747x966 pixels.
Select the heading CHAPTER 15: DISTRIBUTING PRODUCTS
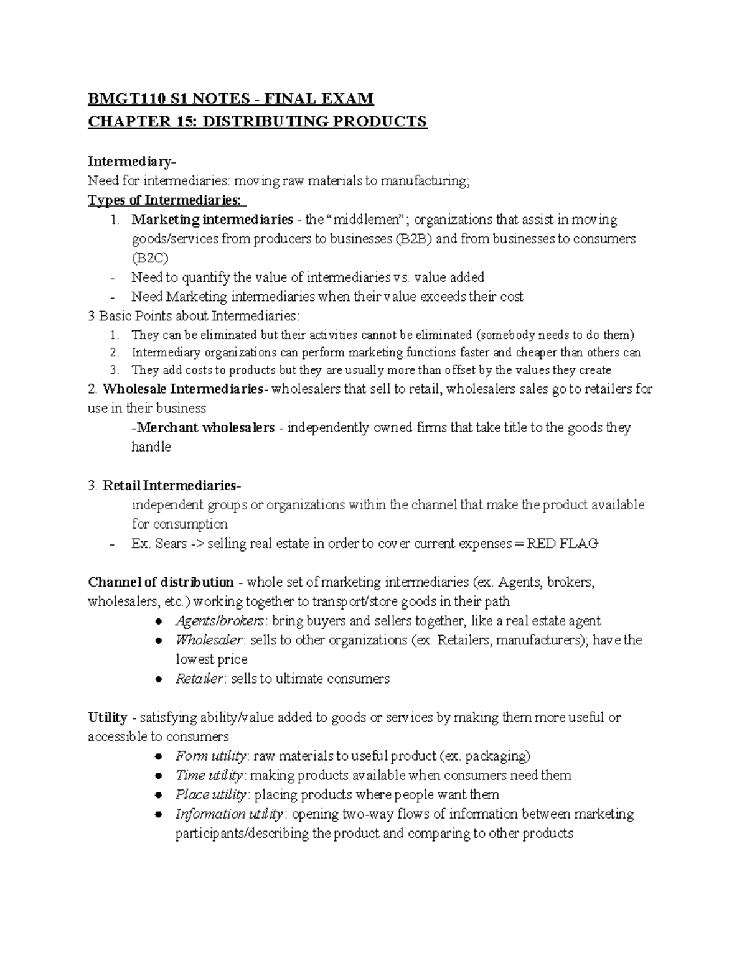257,121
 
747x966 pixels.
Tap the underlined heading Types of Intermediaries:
166,200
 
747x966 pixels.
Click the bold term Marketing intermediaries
212,220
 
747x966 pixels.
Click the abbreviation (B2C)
149,258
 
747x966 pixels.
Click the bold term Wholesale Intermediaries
182,389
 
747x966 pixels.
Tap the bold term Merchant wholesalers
205,428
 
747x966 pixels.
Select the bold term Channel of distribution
161,582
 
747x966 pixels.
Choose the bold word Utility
108,717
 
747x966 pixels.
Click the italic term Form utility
212,756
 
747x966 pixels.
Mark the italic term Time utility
209,776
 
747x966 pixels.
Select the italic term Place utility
211,795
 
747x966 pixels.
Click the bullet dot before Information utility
159,814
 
